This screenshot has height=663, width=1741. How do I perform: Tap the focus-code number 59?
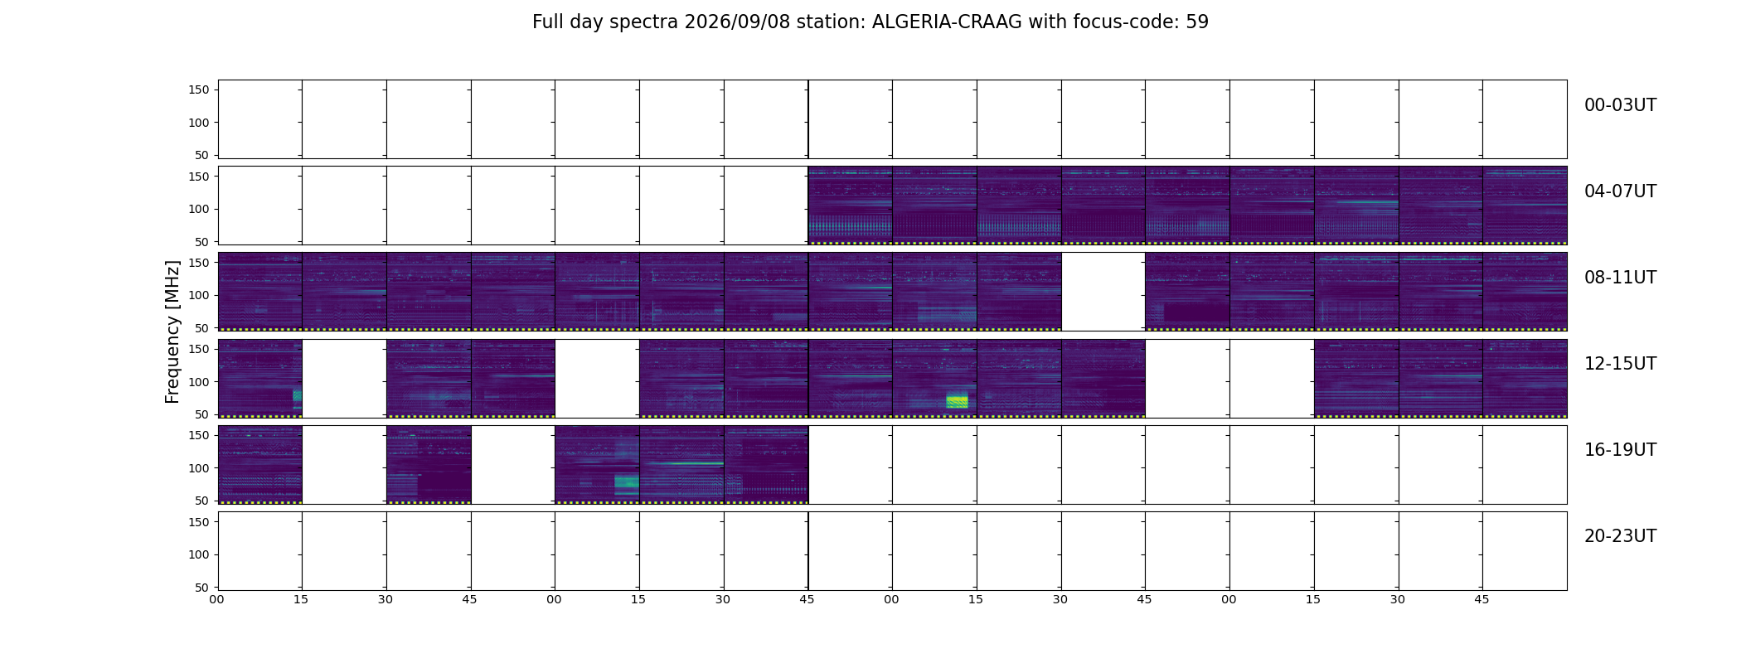pos(1197,22)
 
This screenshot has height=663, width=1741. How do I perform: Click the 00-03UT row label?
pos(1620,105)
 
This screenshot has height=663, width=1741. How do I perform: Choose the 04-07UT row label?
pos(1620,191)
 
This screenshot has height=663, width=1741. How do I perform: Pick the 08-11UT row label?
pos(1620,278)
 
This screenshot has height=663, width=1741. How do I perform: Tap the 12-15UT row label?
pos(1620,364)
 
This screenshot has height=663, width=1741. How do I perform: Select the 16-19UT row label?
pos(1620,450)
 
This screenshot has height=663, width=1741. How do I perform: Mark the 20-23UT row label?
pos(1620,536)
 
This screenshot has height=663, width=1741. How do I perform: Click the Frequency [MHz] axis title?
pos(172,331)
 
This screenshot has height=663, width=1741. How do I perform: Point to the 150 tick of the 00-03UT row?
pos(199,90)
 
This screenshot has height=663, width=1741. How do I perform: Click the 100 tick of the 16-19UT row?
pos(199,468)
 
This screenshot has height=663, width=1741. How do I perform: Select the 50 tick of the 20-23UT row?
pos(202,588)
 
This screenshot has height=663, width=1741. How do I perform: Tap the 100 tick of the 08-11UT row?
pos(199,295)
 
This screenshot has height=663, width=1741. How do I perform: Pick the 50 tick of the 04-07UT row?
pos(202,242)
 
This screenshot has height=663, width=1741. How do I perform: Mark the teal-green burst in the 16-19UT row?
pos(626,482)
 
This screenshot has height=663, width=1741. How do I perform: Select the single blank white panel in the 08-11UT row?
pos(1103,292)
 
